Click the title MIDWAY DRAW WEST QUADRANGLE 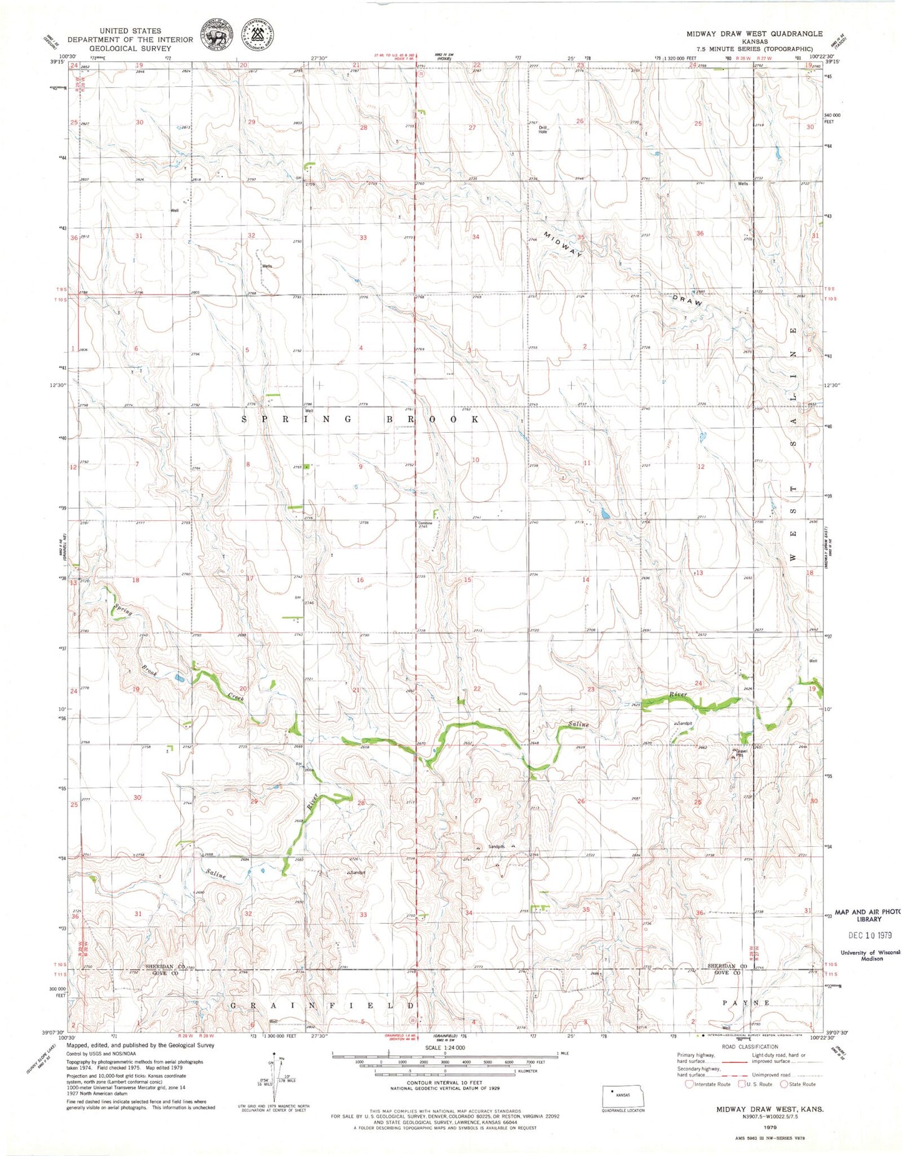coord(755,34)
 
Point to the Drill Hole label coord(542,130)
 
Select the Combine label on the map coord(424,523)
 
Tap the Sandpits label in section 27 coord(496,846)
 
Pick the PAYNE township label coord(746,1002)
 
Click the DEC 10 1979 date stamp coord(870,935)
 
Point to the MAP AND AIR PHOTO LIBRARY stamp coord(868,916)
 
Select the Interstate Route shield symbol coord(689,1084)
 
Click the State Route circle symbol coord(784,1084)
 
